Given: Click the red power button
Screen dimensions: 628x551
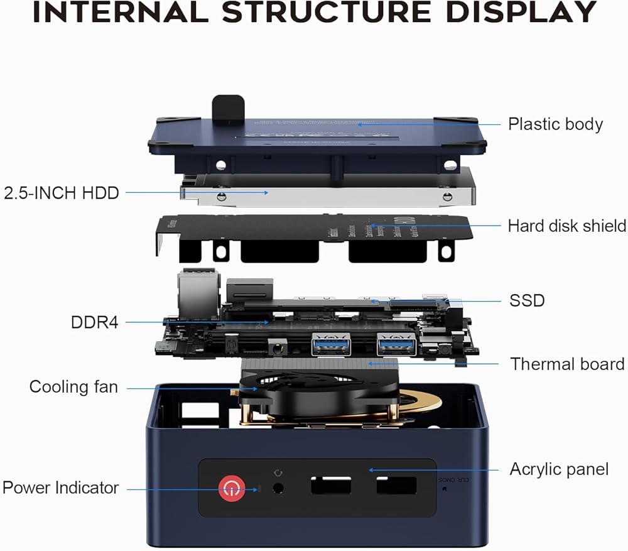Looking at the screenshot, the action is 232,487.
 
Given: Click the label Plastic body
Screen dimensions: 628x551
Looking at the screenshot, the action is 555,124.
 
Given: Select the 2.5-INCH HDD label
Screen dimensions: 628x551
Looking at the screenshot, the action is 62,192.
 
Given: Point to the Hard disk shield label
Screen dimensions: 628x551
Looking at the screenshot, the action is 566,226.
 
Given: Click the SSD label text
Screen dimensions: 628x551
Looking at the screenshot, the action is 527,300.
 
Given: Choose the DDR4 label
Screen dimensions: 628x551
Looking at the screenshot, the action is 94,322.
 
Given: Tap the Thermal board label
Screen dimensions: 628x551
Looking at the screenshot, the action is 567,364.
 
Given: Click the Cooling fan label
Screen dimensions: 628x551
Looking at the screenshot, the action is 73,387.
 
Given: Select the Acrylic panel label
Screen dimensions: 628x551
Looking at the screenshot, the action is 559,469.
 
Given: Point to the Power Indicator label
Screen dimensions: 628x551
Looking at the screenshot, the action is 61,488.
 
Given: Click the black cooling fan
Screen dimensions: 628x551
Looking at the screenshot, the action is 314,393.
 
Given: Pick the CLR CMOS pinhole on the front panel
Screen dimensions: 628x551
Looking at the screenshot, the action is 445,489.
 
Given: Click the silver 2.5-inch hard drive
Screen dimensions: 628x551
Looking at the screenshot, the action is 327,194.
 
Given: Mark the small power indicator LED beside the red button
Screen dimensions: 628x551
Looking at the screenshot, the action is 256,488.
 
